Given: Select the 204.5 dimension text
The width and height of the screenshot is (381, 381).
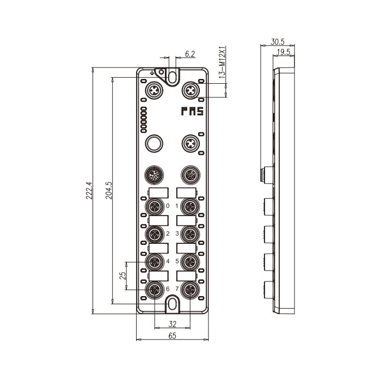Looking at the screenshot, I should (108, 190).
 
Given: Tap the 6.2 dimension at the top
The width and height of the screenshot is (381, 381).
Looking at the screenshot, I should (190, 53).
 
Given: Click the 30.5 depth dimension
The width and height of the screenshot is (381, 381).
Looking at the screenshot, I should (278, 41).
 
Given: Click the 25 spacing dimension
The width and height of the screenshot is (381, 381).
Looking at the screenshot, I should (123, 275).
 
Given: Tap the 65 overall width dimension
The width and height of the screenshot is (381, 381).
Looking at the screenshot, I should (172, 336).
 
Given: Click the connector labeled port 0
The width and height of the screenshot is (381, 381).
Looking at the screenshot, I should (154, 206).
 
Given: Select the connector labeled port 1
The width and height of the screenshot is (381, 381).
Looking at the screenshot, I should (189, 206).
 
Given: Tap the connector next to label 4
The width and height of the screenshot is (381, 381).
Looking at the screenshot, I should (154, 262).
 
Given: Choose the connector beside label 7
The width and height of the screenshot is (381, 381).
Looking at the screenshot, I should (189, 289).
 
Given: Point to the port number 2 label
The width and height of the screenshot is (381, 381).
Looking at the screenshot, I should (168, 233).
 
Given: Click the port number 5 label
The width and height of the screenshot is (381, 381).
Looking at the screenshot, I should (177, 261).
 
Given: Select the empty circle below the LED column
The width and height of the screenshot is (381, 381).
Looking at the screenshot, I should (154, 144).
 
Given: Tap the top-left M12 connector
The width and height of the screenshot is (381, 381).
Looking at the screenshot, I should (154, 89).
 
